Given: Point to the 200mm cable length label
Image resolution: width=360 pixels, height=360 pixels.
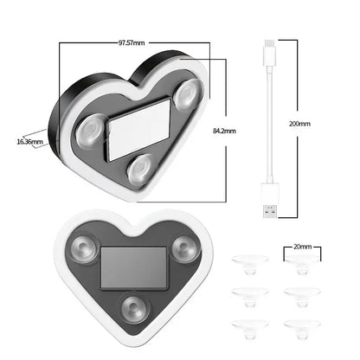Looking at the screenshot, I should [299, 124].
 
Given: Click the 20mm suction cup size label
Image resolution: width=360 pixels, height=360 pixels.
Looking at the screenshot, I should [302, 246].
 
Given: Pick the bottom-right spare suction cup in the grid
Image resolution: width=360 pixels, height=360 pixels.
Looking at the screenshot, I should [302, 326].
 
